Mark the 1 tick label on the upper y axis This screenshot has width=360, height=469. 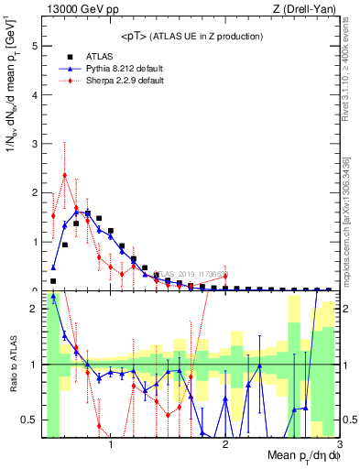(x=35, y=242)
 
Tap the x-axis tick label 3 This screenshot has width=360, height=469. (x=339, y=446)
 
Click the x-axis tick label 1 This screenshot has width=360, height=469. (x=111, y=446)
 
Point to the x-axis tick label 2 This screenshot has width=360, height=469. (x=225, y=446)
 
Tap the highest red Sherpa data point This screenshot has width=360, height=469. (x=64, y=175)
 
